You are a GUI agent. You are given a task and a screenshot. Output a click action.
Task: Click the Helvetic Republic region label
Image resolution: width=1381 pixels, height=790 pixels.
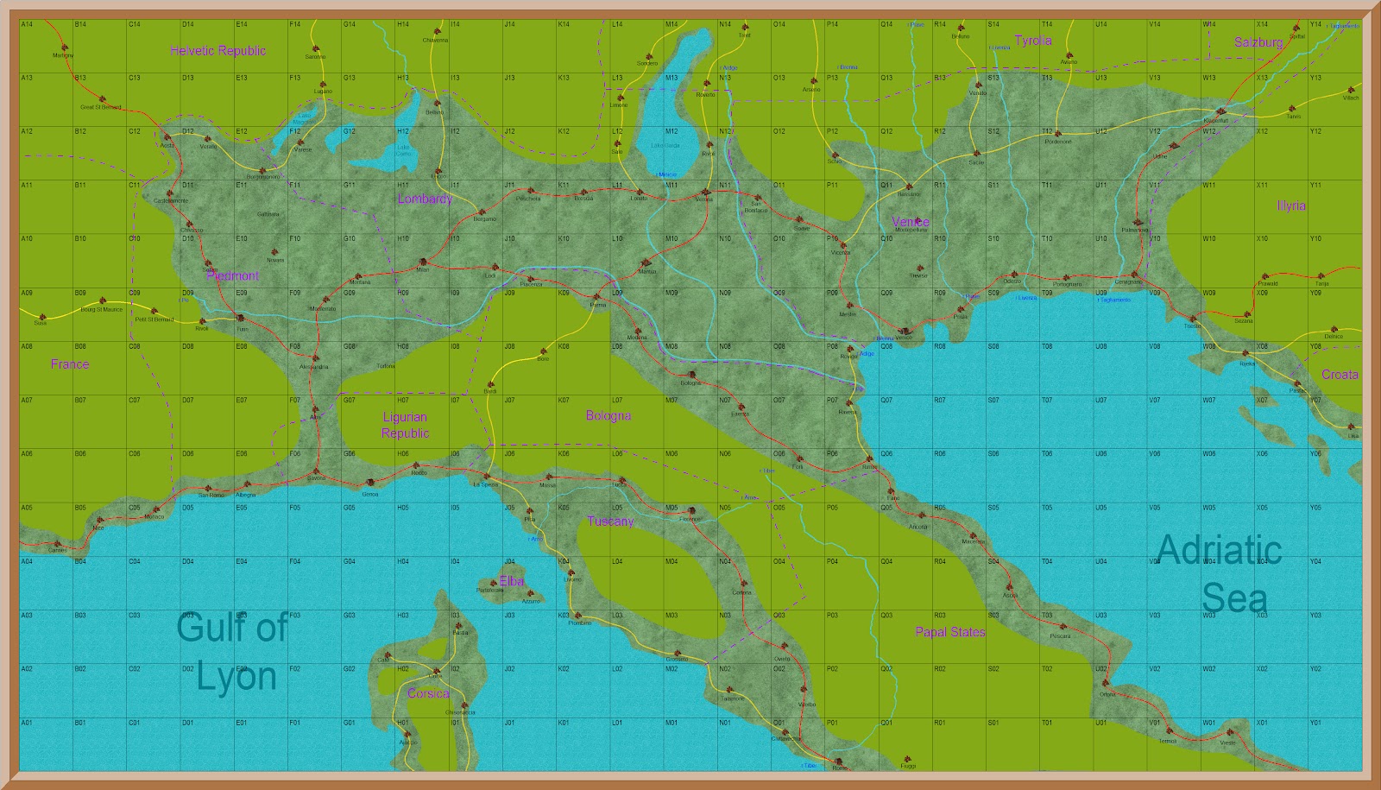click(x=218, y=51)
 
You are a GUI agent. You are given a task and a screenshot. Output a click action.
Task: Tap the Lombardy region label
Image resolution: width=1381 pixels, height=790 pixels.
click(x=425, y=199)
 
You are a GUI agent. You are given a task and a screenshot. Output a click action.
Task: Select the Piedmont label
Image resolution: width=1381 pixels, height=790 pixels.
click(x=233, y=276)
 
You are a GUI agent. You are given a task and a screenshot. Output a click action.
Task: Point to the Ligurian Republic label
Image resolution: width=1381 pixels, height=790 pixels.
click(x=405, y=426)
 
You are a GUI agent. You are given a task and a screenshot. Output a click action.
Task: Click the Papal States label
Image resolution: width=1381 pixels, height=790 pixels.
click(x=949, y=632)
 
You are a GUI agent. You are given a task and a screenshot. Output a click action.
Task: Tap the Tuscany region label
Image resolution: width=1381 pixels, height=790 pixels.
click(x=610, y=521)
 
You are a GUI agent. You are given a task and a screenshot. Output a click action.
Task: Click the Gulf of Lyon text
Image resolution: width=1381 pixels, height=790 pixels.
click(x=233, y=651)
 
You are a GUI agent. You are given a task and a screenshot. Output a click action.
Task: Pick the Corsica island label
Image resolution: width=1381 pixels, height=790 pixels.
click(x=428, y=693)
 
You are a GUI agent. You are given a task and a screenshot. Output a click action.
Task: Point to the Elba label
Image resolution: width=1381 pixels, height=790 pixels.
click(x=512, y=581)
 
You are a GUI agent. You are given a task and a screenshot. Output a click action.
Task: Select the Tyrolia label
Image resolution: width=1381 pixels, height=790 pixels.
click(x=1032, y=41)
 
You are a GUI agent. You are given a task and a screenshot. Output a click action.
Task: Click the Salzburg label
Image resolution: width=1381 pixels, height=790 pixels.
click(x=1258, y=42)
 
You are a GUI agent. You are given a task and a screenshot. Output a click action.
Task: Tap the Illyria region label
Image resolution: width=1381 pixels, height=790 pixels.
click(x=1291, y=205)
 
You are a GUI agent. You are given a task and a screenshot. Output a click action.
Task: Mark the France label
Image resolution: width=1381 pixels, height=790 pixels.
click(x=70, y=364)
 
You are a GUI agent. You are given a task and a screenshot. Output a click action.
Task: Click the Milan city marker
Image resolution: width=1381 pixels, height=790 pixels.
click(x=423, y=262)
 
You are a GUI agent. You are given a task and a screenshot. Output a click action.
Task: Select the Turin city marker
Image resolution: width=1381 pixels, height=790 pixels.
click(x=241, y=319)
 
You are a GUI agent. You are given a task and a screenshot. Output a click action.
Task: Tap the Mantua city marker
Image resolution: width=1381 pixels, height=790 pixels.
click(x=646, y=263)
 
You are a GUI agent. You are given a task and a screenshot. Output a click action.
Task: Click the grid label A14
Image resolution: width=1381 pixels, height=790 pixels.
click(x=27, y=25)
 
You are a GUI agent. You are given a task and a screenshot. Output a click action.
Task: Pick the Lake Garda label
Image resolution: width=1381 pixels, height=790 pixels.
click(x=665, y=145)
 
